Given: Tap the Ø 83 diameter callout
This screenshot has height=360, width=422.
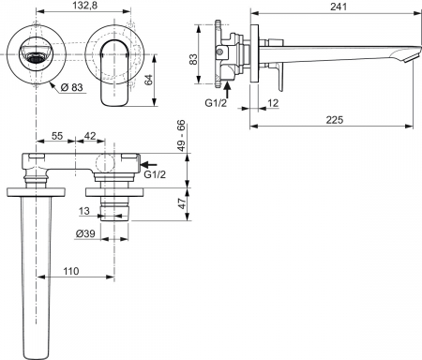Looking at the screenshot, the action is click(x=72, y=87).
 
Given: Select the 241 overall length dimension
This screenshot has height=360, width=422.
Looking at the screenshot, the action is click(x=339, y=7).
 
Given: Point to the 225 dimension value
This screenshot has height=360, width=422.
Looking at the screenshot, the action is click(x=335, y=120).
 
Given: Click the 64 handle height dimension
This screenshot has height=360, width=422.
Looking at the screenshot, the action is click(x=149, y=80).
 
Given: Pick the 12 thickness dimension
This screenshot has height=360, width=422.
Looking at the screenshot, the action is click(x=273, y=103).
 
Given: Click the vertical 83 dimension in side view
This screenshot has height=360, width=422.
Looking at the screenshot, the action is click(x=193, y=59).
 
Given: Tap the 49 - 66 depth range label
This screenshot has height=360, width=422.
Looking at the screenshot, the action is click(x=181, y=136).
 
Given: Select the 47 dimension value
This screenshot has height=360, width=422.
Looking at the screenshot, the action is click(x=181, y=203).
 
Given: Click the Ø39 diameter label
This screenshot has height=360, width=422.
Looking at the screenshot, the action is click(x=85, y=233).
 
